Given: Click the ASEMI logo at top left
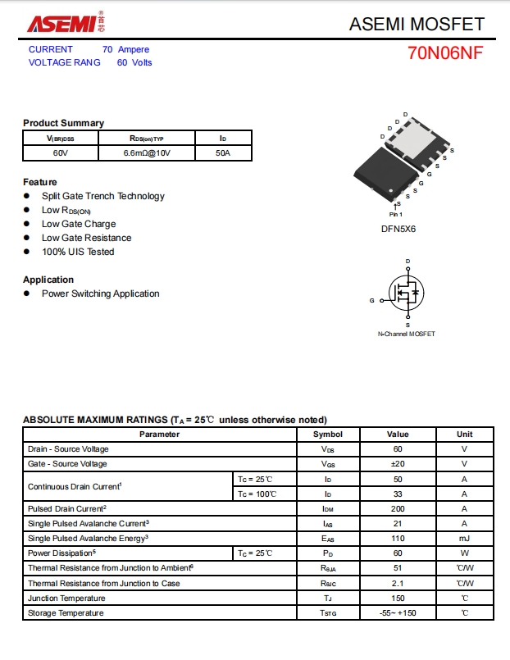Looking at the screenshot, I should pyautogui.click(x=63, y=22).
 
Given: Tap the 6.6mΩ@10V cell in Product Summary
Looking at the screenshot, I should pyautogui.click(x=148, y=153).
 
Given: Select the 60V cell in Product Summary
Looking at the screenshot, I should pyautogui.click(x=61, y=153).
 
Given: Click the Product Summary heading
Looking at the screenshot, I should pyautogui.click(x=63, y=123).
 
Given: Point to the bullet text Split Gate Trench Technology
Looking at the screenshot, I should pyautogui.click(x=103, y=196).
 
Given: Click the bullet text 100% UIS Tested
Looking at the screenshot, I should pyautogui.click(x=78, y=252).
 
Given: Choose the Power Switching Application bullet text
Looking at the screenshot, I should pyautogui.click(x=101, y=294).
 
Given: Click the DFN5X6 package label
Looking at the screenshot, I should pyautogui.click(x=398, y=229).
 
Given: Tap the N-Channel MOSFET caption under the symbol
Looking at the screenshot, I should pyautogui.click(x=406, y=334).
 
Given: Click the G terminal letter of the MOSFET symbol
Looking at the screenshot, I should pyautogui.click(x=371, y=301).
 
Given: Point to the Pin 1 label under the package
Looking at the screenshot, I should pyautogui.click(x=396, y=214).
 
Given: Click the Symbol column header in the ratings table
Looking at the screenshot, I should pyautogui.click(x=328, y=434).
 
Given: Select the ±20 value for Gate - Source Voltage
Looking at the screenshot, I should pyautogui.click(x=397, y=464).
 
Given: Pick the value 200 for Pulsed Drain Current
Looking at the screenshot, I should pyautogui.click(x=397, y=508).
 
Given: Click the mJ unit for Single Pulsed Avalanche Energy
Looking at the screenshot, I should pyautogui.click(x=464, y=539).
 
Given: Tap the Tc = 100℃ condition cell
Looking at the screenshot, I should pyautogui.click(x=255, y=494).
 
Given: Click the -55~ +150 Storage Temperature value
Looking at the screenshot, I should pyautogui.click(x=397, y=613).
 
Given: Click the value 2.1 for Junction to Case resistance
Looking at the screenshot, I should pyautogui.click(x=397, y=583).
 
